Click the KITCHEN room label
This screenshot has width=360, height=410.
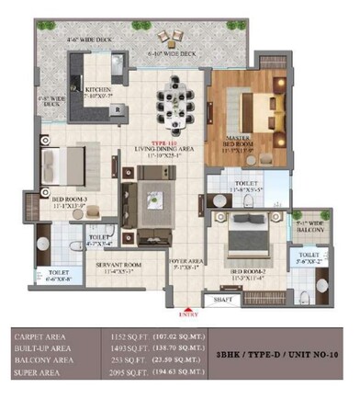pos(99,89)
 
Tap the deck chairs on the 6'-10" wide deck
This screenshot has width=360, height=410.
pos(169,39)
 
